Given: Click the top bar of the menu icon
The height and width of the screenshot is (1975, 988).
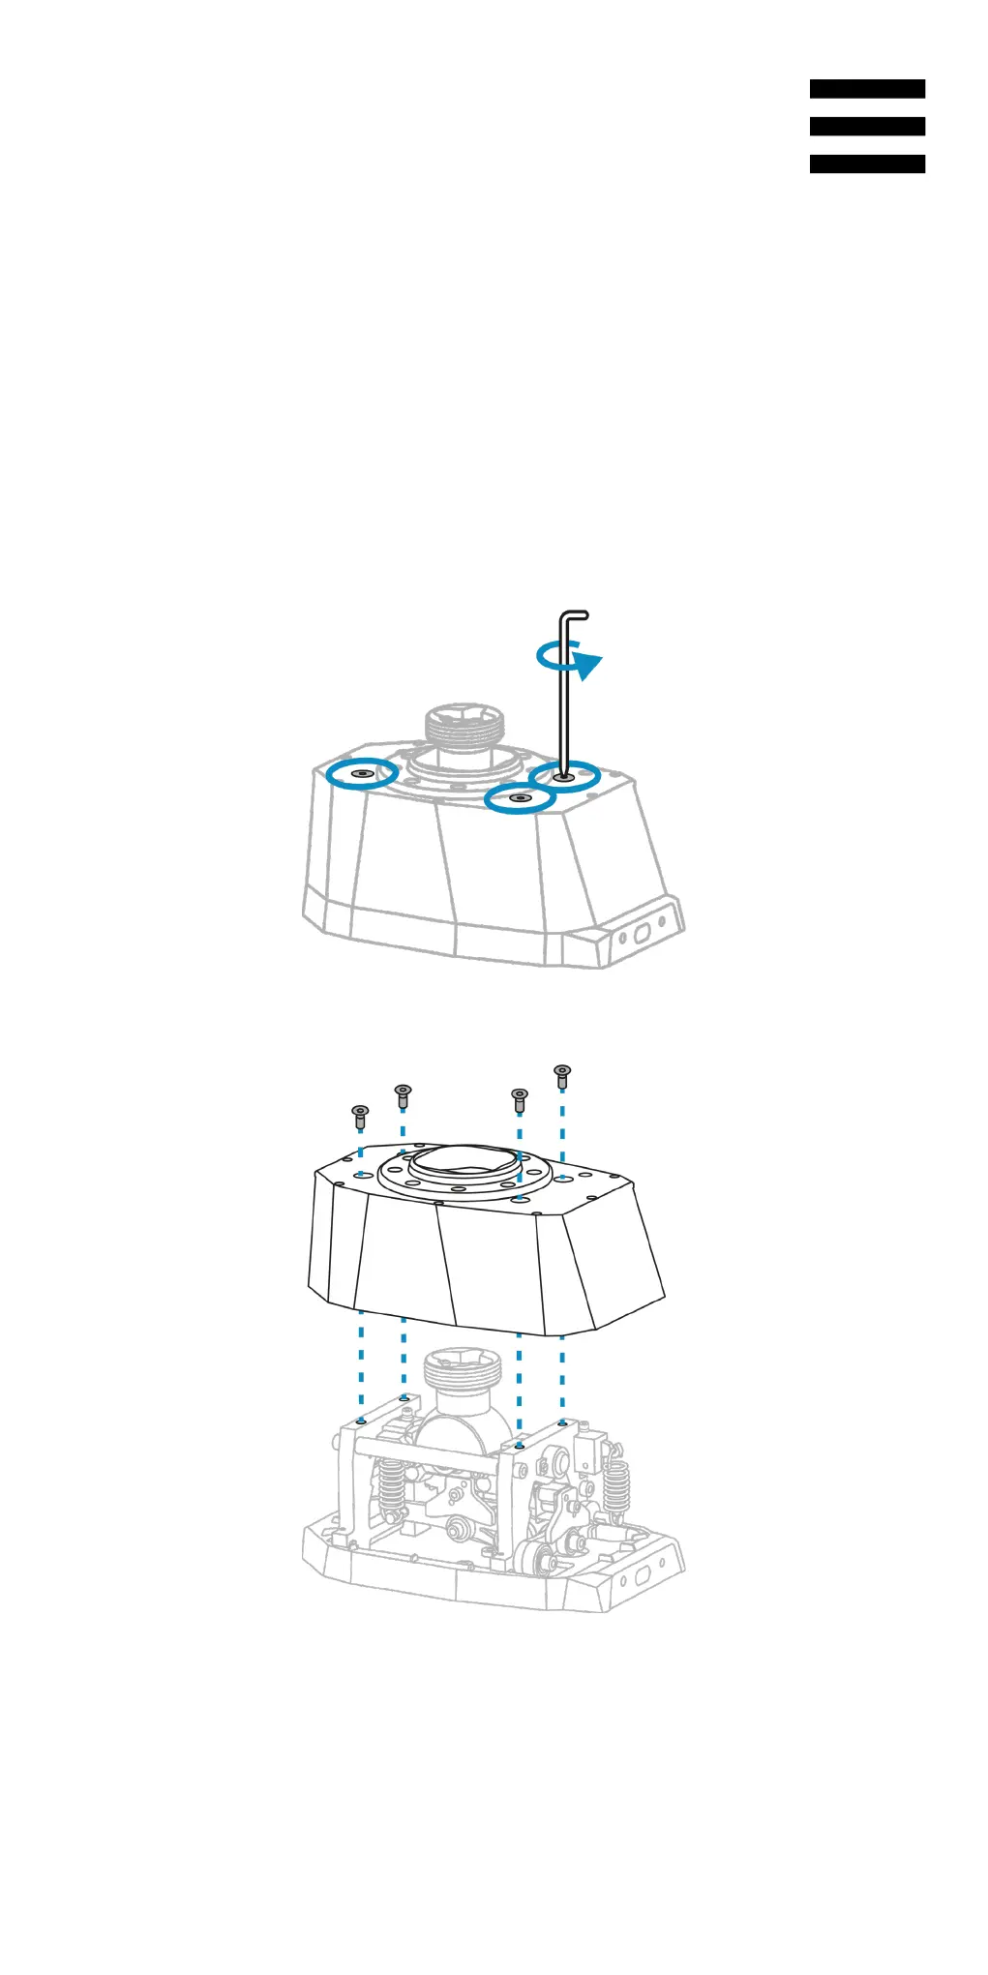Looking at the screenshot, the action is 866,89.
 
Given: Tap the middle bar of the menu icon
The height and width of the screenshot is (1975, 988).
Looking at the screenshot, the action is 866,127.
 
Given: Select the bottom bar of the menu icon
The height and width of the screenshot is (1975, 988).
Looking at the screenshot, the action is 866,165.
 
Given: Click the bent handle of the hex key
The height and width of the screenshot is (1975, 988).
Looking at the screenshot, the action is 575,616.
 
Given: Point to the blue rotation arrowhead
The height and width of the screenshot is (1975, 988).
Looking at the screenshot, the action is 587,665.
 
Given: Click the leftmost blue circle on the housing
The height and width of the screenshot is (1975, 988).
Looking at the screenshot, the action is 361,773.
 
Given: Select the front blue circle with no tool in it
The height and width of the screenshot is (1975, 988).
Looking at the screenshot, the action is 520,798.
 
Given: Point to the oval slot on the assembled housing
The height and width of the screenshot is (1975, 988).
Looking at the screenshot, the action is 641,936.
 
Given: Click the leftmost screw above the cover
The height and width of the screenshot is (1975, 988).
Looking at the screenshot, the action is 360,1116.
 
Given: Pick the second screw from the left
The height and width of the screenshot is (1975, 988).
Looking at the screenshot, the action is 403,1095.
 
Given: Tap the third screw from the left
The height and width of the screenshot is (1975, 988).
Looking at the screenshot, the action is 520,1099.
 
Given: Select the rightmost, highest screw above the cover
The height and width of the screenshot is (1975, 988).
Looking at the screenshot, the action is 562,1075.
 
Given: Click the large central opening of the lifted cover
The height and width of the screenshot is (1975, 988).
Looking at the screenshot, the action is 467,1162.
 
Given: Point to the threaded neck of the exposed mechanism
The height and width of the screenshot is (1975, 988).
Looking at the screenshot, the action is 464,1371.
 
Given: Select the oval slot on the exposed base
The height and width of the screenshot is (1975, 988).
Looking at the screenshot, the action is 641,1579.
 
